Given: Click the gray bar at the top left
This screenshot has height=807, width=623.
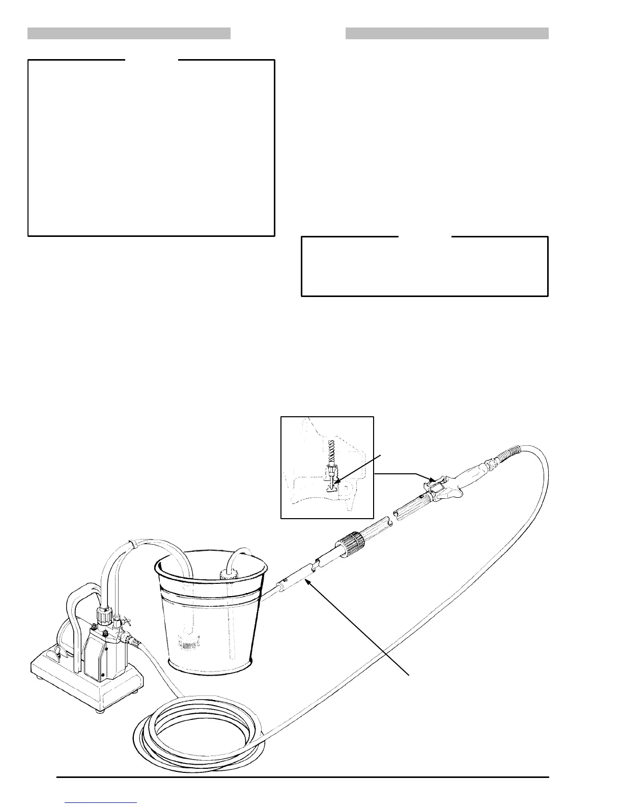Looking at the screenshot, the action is (x=129, y=34).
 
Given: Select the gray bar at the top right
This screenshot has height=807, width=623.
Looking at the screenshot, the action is (x=447, y=34).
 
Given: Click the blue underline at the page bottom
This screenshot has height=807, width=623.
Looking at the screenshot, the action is (x=101, y=803).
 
